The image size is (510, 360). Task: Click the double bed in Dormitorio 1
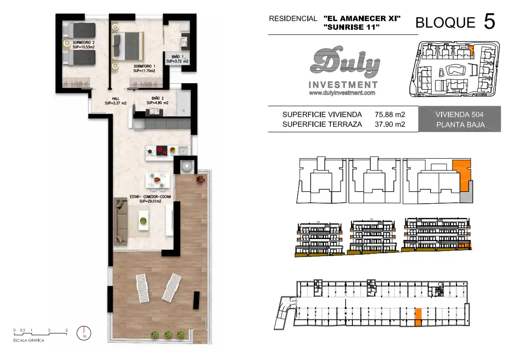coord(128,46)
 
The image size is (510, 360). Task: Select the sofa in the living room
coord(120,221)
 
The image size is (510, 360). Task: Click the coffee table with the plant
coord(143,220)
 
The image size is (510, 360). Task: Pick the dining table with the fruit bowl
coord(158,180)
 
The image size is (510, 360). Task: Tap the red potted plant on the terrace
coord(201,179)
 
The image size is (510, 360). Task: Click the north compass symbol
coord(84,333)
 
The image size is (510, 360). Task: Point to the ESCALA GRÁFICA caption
coord(28,341)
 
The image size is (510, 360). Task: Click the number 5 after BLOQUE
coord(489,22)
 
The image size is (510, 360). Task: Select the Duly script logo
coord(345,62)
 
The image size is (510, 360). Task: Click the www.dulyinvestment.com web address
coord(342,93)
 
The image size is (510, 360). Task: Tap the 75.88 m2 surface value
coord(390,114)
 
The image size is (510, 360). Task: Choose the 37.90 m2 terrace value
coord(390,124)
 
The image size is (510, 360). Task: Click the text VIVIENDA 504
coord(459,114)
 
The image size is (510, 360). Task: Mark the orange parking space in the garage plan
coord(418,317)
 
